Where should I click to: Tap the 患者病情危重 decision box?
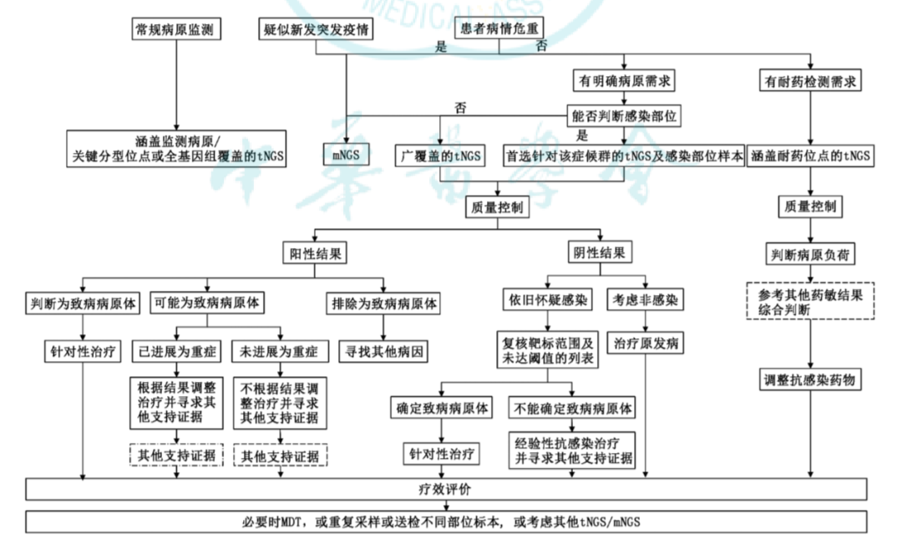pyautogui.click(x=500, y=28)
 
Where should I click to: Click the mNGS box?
pyautogui.click(x=345, y=155)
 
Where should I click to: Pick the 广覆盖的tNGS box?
pyautogui.click(x=440, y=155)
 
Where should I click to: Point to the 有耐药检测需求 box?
pyautogui.click(x=810, y=81)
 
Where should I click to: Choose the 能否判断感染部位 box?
pyautogui.click(x=623, y=115)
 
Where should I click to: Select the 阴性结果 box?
pyautogui.click(x=597, y=252)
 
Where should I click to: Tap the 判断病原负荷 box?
pyautogui.click(x=809, y=254)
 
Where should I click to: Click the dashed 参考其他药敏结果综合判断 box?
pyautogui.click(x=809, y=302)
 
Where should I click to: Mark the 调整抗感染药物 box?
pyautogui.click(x=809, y=380)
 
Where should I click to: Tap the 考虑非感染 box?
pyautogui.click(x=646, y=298)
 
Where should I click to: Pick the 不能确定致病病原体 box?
pyautogui.click(x=573, y=409)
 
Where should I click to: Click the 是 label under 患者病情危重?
pyautogui.click(x=441, y=48)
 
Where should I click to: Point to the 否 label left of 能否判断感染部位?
pyautogui.click(x=460, y=108)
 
